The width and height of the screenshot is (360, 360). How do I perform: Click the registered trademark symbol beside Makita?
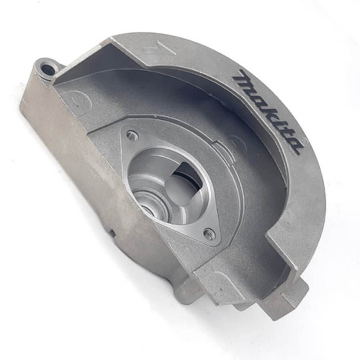pyautogui.click(x=305, y=139)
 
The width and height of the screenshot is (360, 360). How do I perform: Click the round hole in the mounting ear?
pyautogui.click(x=48, y=67)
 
